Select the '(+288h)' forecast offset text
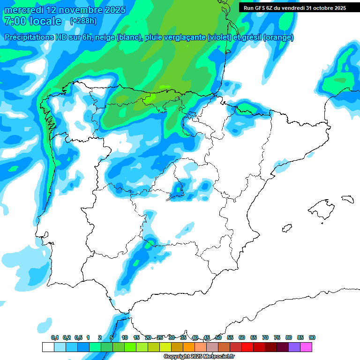coord(83,21)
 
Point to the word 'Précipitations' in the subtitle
coord(34,37)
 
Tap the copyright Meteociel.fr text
coord(199,357)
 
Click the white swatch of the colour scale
coord(48,347)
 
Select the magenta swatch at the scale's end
coord(306,347)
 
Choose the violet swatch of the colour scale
coord(294,347)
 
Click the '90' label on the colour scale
coord(312,337)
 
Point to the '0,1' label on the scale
coord(55,337)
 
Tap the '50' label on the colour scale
coord(218,337)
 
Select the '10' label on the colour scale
coord(125,337)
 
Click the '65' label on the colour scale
coord(254,337)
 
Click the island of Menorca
coord(347,199)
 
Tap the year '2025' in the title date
coord(111,10)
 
